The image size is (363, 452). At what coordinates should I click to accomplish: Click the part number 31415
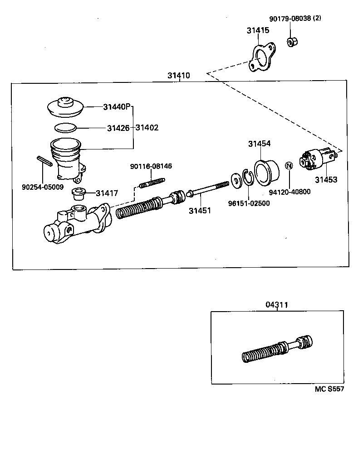point(258,31)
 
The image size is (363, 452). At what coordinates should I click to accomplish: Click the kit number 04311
point(276,304)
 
